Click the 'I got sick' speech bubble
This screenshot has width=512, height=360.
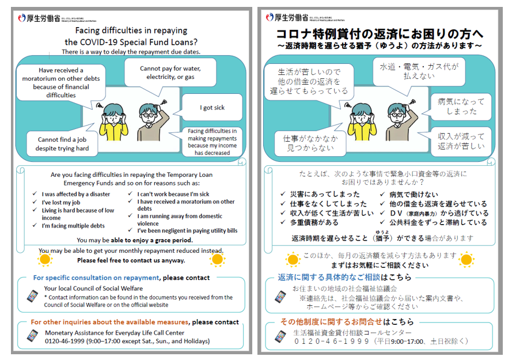tap(212, 108)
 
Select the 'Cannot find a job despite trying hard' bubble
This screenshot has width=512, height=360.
tap(62, 144)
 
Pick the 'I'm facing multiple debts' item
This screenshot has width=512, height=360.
tap(73, 226)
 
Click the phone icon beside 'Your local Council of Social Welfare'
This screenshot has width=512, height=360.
tap(33, 296)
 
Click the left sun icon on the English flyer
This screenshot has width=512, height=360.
tap(44, 260)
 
